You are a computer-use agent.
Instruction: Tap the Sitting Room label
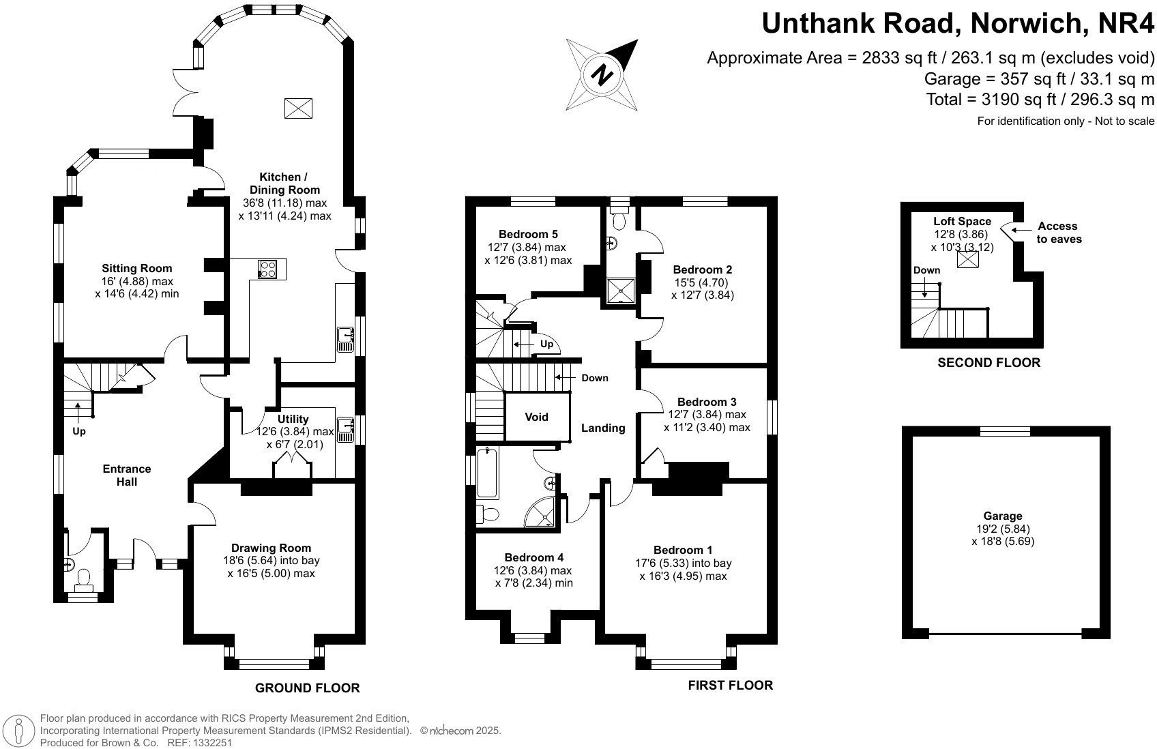click(137, 268)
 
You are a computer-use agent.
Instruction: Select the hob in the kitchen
click(267, 269)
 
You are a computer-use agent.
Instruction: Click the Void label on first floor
click(536, 417)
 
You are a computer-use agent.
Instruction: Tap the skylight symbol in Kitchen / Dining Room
click(298, 108)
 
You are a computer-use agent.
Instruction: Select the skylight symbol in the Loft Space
click(967, 261)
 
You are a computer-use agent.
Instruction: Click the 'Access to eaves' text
click(1058, 233)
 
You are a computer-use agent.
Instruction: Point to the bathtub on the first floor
click(488, 473)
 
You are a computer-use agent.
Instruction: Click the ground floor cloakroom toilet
click(84, 580)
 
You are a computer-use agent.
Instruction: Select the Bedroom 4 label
click(533, 557)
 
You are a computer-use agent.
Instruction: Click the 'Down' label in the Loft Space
click(926, 270)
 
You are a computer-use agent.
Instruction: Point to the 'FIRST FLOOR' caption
click(730, 686)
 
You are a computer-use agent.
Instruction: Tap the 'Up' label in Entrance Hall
click(79, 431)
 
